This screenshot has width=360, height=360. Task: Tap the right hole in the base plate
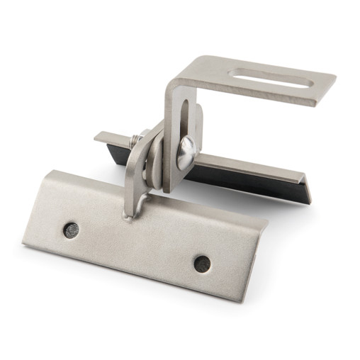tap(202, 262)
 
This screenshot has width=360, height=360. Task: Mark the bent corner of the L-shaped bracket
tap(177, 78)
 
